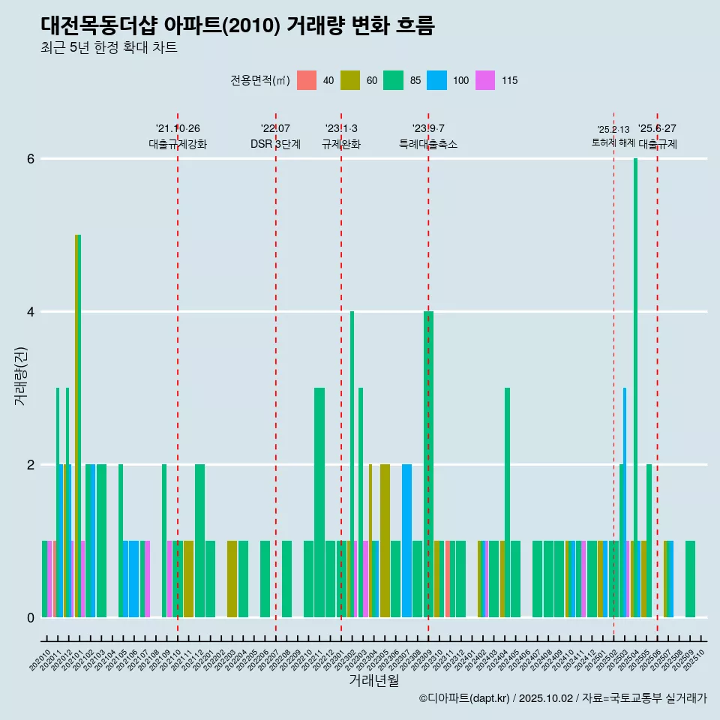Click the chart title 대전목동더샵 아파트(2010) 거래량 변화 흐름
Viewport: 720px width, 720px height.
click(238, 25)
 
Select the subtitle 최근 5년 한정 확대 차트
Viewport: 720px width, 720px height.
click(109, 48)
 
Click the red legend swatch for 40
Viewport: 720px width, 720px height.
click(307, 80)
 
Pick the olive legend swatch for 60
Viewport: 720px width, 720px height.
click(350, 80)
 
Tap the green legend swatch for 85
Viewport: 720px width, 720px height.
click(394, 80)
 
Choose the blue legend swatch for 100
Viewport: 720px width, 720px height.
click(437, 80)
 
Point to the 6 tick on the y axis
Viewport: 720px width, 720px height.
click(31, 159)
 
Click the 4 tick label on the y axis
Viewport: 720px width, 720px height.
click(31, 312)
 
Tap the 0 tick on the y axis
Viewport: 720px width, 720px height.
click(31, 618)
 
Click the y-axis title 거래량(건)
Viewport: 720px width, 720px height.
click(20, 376)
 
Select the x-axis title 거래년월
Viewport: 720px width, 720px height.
click(373, 680)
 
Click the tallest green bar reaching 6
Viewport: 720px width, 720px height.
click(635, 375)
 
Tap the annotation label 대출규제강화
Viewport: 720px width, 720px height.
click(178, 144)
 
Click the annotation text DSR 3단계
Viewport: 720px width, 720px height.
click(276, 144)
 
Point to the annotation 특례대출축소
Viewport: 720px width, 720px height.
click(428, 144)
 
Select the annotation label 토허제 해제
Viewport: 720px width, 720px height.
click(613, 142)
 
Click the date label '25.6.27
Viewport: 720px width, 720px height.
click(657, 128)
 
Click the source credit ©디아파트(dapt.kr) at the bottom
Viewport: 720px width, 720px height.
click(464, 698)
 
